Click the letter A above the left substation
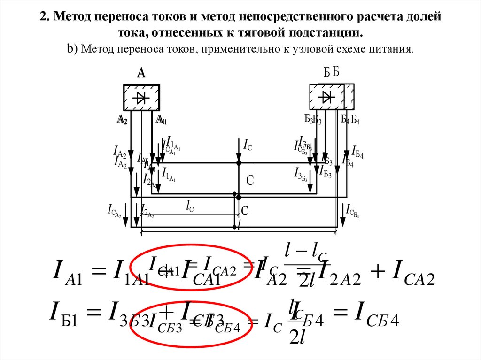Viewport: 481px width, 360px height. point(141,73)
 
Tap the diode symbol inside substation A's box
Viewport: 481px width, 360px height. point(141,98)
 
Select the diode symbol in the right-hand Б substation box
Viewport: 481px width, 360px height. point(326,97)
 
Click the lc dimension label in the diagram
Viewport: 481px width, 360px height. point(190,207)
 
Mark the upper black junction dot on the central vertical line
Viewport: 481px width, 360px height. point(239,162)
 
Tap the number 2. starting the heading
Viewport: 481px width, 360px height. point(44,18)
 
